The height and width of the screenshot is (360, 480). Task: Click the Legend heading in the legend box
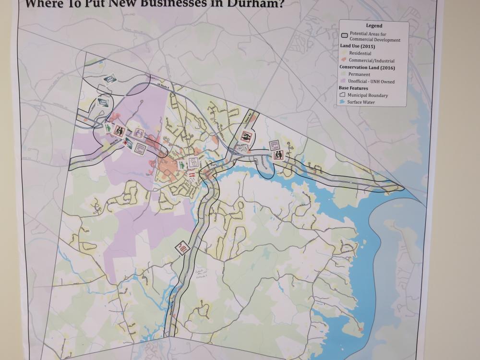(x=374, y=25)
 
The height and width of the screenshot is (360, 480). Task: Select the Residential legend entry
(x=360, y=53)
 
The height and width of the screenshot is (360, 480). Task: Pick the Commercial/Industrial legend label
(x=372, y=61)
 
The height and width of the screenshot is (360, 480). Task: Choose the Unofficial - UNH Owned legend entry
(x=371, y=82)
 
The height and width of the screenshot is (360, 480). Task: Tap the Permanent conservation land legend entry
(x=359, y=74)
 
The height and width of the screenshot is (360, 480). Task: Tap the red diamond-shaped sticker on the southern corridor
(x=182, y=248)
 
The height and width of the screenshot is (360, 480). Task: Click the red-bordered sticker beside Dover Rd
(x=246, y=136)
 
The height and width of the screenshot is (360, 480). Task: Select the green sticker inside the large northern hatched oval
(x=110, y=79)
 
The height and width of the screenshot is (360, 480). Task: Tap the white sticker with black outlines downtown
(x=194, y=162)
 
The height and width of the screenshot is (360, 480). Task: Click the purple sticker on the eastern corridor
(x=275, y=145)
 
